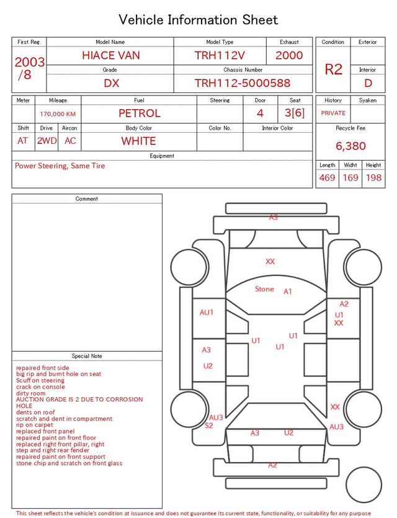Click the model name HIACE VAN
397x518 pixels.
coord(111,55)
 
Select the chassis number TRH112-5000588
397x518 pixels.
coord(243,83)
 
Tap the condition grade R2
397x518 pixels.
coord(333,69)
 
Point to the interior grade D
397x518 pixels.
coord(368,83)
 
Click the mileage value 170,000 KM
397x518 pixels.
coord(58,114)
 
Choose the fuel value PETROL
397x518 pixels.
coord(140,114)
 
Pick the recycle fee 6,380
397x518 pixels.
coord(350,146)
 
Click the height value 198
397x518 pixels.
coord(373,177)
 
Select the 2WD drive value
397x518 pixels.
coord(47,141)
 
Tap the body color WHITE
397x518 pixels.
coord(138,141)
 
